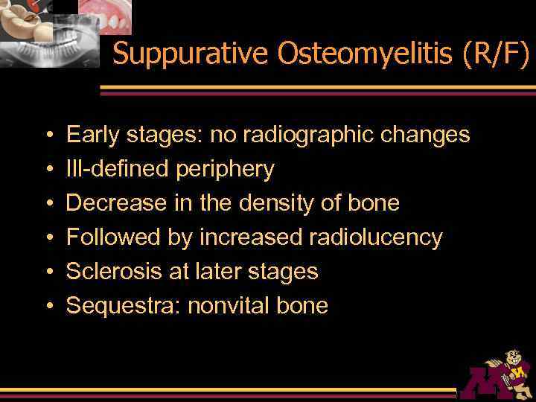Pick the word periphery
(225, 170)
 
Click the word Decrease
(112, 203)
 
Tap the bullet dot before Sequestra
(48, 306)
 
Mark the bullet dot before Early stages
(48, 135)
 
